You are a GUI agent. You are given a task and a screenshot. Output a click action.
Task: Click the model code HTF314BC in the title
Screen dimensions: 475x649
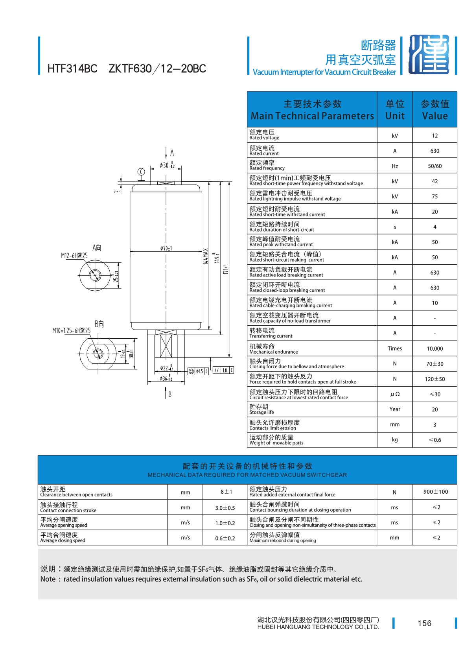pos(72,69)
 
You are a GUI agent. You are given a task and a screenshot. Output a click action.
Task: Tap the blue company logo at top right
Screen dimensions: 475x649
pos(429,55)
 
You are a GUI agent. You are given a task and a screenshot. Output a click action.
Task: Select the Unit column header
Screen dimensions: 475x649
pos(394,110)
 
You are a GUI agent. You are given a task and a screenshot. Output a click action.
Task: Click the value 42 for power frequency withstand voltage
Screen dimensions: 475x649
pos(434,181)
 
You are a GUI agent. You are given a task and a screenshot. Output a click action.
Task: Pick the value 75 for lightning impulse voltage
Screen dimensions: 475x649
pos(434,196)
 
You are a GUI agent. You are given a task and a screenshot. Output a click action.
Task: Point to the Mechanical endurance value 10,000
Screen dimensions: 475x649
pos(434,348)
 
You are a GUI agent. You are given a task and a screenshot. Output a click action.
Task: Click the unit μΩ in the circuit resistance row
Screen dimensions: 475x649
pos(394,394)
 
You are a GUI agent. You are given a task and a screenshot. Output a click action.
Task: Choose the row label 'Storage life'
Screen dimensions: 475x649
pos(261,412)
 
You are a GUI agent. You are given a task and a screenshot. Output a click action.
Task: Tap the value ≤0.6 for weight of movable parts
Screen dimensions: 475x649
pos(435,440)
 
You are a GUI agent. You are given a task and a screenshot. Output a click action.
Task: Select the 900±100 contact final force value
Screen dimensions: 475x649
pos(435,492)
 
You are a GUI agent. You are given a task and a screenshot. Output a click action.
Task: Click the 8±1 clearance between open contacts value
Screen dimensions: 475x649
pos(226,492)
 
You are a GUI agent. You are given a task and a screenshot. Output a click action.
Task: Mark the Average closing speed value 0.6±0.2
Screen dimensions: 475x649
pos(225,538)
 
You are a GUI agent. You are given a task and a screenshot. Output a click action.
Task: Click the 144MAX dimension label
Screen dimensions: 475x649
pos(205,256)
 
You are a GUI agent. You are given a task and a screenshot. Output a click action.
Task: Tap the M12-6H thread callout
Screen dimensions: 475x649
pos(74,255)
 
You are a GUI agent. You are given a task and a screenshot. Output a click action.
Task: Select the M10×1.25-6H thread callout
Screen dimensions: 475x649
pos(71,330)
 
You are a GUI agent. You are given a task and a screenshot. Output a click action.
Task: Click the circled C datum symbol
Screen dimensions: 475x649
pos(141,172)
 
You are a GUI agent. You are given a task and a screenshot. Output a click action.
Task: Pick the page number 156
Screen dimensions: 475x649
pos(424,623)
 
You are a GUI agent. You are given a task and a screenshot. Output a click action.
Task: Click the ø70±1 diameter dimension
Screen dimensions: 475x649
pos(166,248)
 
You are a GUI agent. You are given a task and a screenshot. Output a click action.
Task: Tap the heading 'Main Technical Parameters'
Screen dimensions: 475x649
pos(312,116)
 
